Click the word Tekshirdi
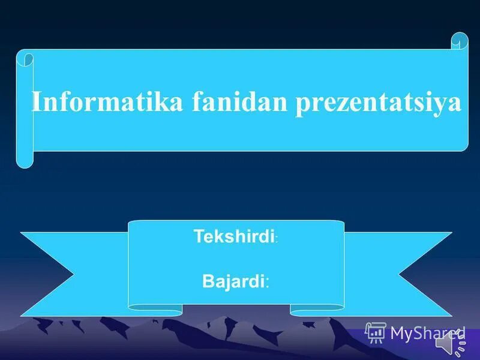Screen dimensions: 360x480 [x=233, y=236]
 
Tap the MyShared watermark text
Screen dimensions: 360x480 [x=427, y=333]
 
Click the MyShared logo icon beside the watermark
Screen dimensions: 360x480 [x=376, y=332]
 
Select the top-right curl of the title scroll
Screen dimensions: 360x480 [x=460, y=41]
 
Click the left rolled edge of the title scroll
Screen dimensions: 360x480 [x=25, y=108]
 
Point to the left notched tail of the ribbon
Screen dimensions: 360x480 [x=54, y=274]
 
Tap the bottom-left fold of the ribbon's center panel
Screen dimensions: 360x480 [x=155, y=310]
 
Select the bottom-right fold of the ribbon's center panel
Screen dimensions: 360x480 [x=317, y=310]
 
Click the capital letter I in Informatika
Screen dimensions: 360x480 [x=36, y=102]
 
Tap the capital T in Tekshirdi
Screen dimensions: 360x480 [x=198, y=236]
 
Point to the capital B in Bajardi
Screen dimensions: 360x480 [x=207, y=281]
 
